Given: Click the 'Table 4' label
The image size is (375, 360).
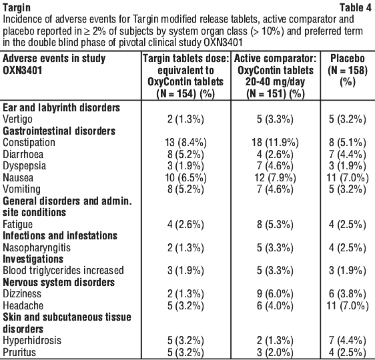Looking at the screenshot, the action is tap(356, 8).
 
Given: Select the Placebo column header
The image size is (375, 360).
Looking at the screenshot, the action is tap(348, 70).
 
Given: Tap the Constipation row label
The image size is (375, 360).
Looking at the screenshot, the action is tap(29, 143).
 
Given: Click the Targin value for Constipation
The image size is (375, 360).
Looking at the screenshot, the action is tap(185, 143).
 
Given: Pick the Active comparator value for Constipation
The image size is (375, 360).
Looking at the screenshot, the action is tap(276, 143).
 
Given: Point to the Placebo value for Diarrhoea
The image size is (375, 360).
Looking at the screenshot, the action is tap(348, 154).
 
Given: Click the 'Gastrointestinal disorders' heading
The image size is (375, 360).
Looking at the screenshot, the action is tap(59, 131).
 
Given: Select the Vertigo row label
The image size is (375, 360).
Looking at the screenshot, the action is tap(17, 119).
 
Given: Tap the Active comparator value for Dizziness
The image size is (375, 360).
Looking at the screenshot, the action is tap(276, 294).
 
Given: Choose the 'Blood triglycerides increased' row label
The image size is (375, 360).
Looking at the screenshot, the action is tap(63, 271).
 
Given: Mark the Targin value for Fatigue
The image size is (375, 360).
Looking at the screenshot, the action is tap(185, 225).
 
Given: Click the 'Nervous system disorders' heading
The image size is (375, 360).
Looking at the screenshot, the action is tap(59, 283).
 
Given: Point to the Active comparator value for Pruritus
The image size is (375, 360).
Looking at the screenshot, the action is tap(276, 353).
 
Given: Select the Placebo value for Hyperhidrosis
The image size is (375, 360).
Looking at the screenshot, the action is tap(348, 341).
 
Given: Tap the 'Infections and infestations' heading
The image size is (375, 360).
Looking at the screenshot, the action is tap(60, 236).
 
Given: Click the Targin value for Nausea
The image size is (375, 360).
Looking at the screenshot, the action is tap(185, 178).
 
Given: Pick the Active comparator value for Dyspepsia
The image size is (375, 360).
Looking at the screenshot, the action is tap(276, 166).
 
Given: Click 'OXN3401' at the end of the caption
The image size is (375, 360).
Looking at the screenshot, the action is tap(223, 43).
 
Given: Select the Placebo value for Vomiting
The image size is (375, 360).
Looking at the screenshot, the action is tap(348, 189).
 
